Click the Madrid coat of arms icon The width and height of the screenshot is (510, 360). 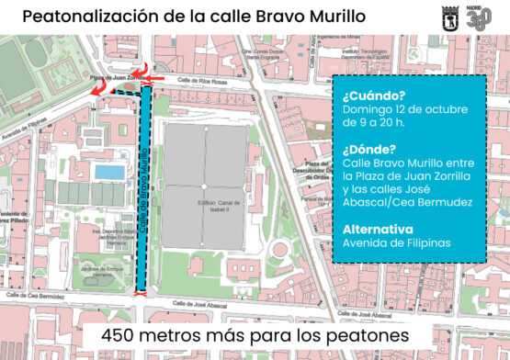point(449,17)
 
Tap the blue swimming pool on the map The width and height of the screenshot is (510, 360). point(109,173)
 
